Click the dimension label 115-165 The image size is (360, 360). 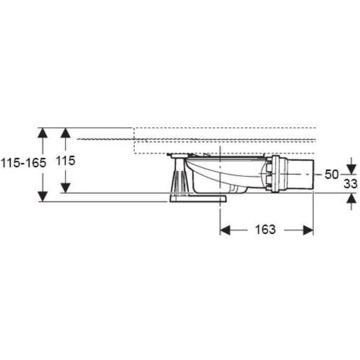pos(24,163)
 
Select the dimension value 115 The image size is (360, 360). pos(66,161)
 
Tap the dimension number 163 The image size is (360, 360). pos(265,230)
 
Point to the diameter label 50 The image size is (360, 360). pos(332,174)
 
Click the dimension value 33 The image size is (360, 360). pos(351,184)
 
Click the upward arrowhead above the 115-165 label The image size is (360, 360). pos(43,132)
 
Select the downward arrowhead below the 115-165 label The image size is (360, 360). pos(43,197)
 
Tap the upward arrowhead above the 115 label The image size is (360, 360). pos(66,132)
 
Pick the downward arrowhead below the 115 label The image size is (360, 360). pos(66,188)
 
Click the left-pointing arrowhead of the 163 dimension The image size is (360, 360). pos(225,230)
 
